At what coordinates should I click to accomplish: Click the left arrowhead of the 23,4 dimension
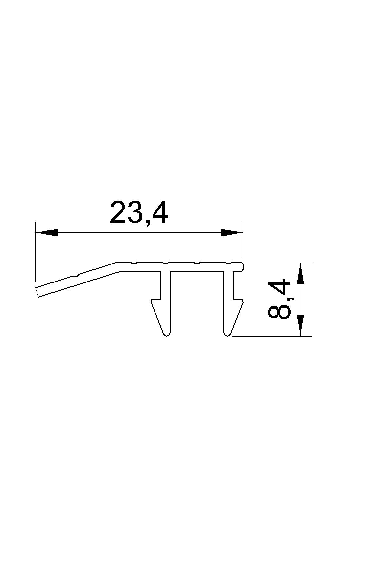click(46, 233)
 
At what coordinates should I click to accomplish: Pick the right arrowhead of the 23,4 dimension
click(232, 233)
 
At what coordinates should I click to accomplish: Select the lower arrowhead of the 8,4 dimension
click(301, 325)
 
